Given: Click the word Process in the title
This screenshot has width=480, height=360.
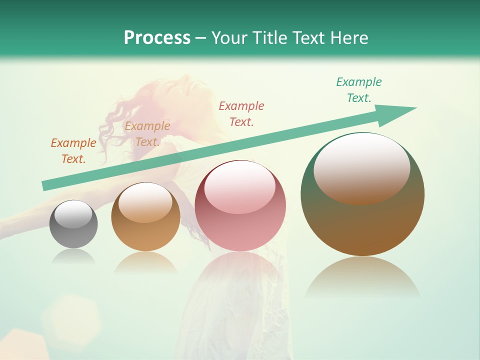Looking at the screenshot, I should (x=157, y=38).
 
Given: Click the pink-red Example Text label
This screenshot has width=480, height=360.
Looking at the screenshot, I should (x=241, y=113).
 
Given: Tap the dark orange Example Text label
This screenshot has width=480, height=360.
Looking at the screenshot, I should (x=73, y=151).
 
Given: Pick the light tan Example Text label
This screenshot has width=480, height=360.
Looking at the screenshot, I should (x=147, y=134).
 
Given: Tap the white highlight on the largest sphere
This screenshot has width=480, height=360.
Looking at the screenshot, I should (x=362, y=168).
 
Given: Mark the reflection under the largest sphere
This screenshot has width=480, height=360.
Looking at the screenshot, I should (x=362, y=277).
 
